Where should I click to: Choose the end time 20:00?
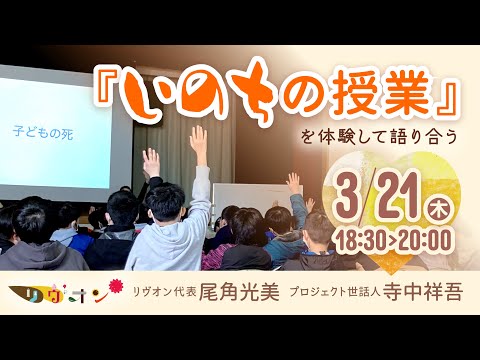(x=425, y=238)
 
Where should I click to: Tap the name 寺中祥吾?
(x=427, y=295)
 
